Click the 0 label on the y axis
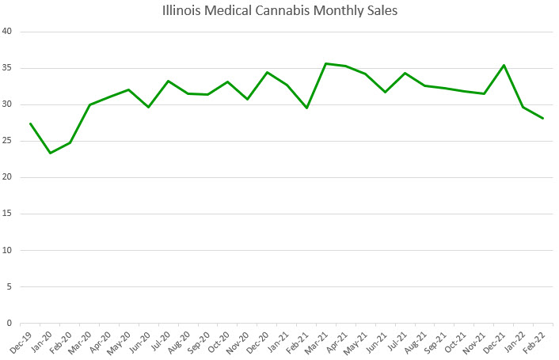click(10, 323)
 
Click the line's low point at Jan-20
click(50, 153)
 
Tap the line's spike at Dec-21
click(504, 65)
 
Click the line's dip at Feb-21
click(306, 108)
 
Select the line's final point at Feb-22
click(544, 119)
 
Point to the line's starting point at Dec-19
click(30, 123)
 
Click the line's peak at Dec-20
click(267, 72)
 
